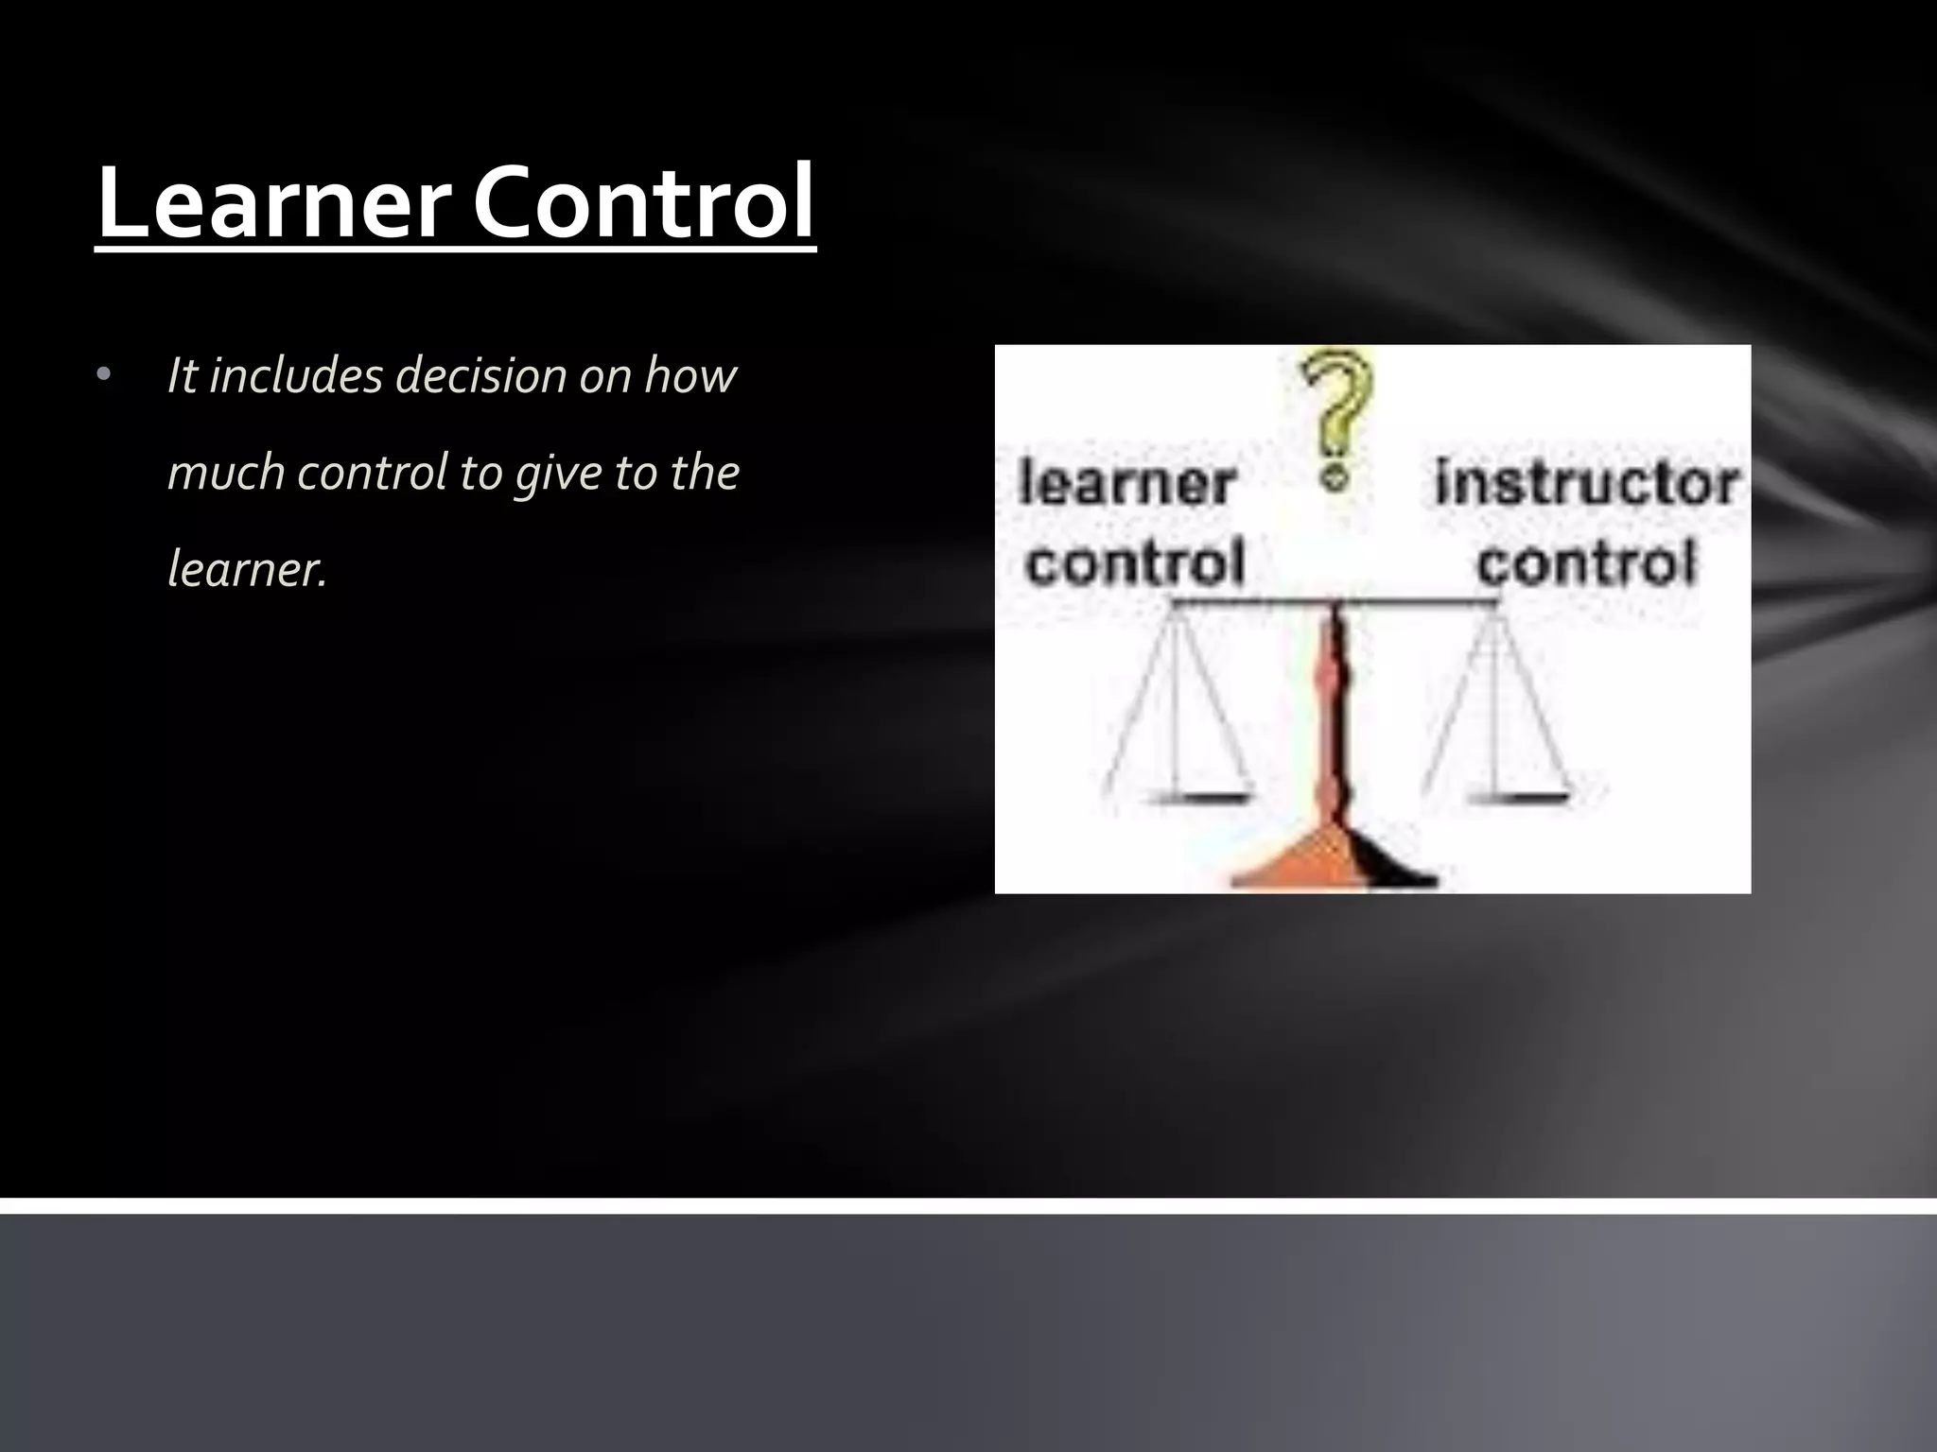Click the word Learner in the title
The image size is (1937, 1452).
[x=273, y=202]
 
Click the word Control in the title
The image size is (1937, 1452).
[x=643, y=202]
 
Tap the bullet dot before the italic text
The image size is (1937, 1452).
[x=104, y=376]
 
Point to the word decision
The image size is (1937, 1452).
[x=480, y=375]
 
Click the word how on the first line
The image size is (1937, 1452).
[x=689, y=375]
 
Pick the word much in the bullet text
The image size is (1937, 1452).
[x=225, y=473]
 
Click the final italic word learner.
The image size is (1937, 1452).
[x=246, y=569]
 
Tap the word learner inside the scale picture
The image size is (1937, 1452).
[x=1126, y=484]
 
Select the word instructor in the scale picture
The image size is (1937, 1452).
[x=1585, y=484]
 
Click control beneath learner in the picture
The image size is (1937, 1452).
[x=1134, y=563]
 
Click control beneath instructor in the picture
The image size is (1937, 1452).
[x=1587, y=563]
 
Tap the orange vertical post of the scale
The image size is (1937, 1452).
[x=1334, y=718]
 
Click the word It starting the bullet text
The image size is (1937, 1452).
[x=182, y=375]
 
